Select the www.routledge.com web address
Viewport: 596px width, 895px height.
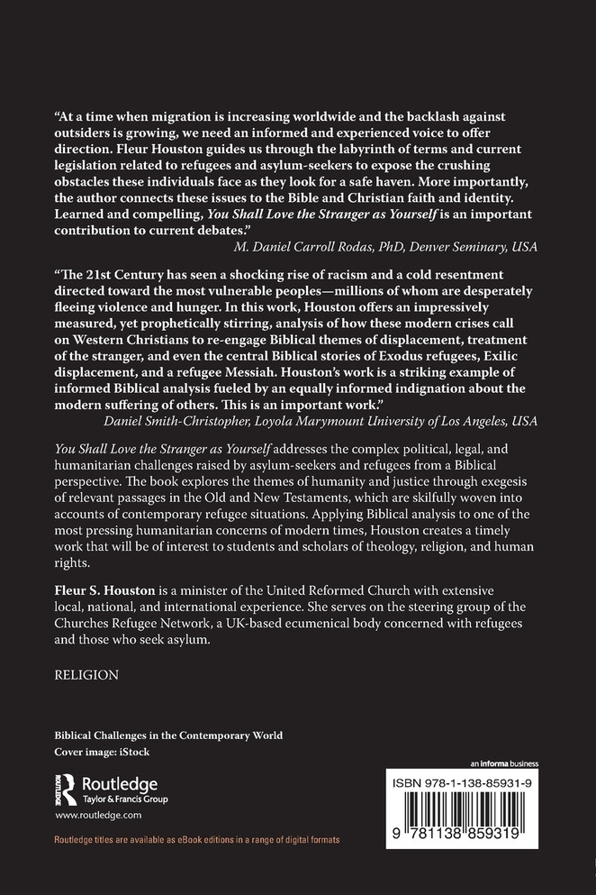coord(99,815)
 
